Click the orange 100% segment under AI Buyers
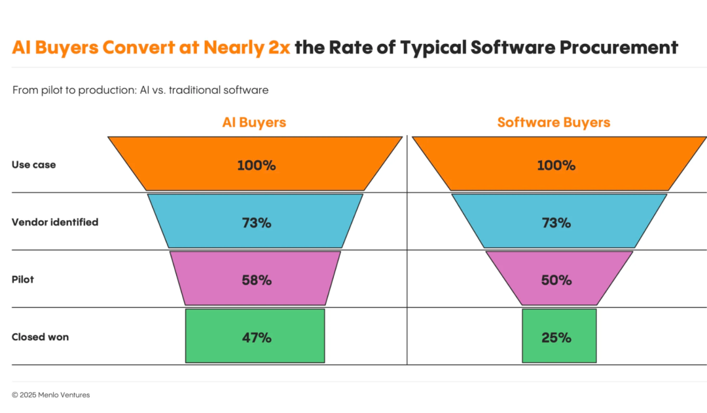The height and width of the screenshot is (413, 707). (255, 165)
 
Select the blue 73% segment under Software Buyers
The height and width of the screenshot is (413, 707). (556, 222)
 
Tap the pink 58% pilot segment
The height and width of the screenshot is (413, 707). (255, 279)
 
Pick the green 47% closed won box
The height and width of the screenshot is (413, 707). (255, 336)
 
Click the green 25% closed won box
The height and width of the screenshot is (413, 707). (559, 336)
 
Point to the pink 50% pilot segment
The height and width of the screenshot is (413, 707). (559, 279)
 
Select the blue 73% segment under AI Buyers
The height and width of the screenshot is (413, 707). (255, 222)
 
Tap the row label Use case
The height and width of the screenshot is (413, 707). (34, 165)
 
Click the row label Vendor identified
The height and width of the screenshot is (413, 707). (55, 222)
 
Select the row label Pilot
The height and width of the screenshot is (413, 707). (23, 279)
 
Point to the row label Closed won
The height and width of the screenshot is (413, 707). (40, 337)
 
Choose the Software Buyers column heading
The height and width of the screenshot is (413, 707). (554, 123)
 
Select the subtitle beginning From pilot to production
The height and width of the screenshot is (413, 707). (140, 90)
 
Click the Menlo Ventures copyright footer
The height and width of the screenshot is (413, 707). (51, 395)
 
